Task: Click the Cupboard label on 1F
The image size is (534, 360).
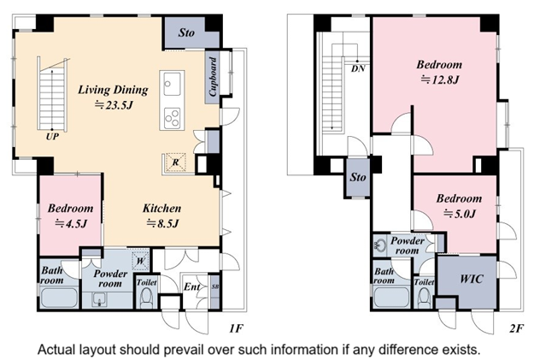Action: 213,77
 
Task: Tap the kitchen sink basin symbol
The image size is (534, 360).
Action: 172,84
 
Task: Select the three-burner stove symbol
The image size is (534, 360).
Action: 172,118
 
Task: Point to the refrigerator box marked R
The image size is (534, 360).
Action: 175,162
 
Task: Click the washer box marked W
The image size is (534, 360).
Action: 141,261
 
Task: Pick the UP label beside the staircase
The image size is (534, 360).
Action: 52,137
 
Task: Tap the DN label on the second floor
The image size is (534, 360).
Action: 358,69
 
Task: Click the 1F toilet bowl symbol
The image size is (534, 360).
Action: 147,298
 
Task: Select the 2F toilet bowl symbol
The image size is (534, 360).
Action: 424,298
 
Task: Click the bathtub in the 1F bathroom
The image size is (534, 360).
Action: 59,298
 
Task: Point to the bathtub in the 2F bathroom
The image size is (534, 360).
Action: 391,298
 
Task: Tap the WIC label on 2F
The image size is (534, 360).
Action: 472,279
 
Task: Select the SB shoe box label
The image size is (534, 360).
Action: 215,286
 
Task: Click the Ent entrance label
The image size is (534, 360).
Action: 191,287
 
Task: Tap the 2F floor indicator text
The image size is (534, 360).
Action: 516,328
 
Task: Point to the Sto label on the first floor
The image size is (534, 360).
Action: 186,32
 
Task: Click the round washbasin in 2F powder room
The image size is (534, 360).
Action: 379,245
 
